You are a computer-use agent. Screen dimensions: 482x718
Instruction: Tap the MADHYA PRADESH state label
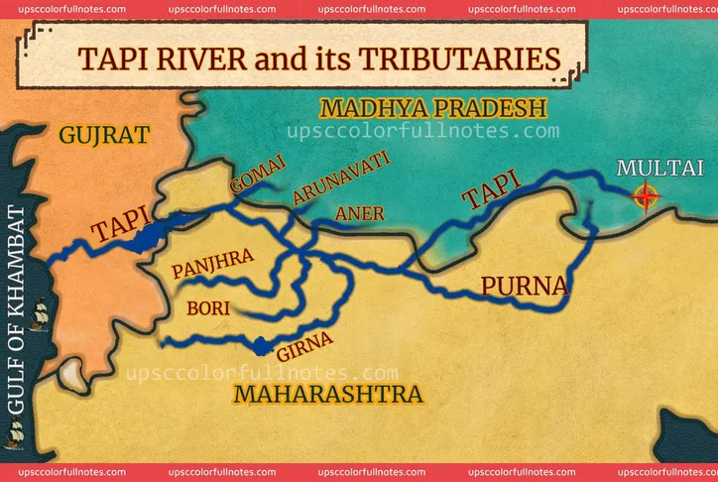(x=432, y=108)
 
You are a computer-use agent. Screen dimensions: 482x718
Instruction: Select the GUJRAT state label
(x=104, y=135)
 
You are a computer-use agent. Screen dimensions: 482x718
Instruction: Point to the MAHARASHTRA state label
(x=327, y=395)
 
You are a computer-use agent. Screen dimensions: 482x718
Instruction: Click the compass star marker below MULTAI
(x=647, y=197)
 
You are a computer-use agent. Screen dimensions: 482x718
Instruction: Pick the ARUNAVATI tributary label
(x=340, y=179)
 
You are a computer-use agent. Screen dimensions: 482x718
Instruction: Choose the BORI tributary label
(x=210, y=307)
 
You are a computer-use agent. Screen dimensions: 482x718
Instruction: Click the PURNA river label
(x=525, y=287)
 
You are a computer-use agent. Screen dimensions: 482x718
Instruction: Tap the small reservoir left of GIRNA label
(x=261, y=346)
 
